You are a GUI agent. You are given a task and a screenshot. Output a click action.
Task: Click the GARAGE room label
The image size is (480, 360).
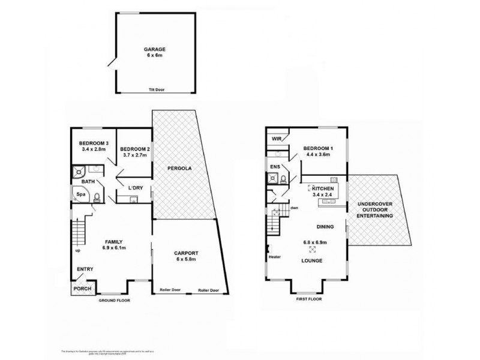coord(154,49)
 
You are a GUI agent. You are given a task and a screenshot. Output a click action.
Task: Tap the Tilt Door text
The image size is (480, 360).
coord(156,90)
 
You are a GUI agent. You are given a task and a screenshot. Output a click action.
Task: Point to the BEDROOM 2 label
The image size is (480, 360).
coord(134,149)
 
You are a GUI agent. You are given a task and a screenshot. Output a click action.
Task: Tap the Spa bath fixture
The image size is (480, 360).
coord(80,194)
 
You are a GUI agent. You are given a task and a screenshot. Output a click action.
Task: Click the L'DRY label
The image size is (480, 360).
coord(134,188)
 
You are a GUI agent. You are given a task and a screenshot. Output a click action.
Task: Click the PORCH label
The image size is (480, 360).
coord(82,289)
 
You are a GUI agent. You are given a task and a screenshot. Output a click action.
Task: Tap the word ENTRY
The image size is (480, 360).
coord(85,269)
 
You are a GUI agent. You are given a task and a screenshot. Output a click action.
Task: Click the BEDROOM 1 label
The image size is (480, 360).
coord(317,148)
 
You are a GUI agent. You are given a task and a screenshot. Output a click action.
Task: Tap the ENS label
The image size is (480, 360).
coord(275,166)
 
